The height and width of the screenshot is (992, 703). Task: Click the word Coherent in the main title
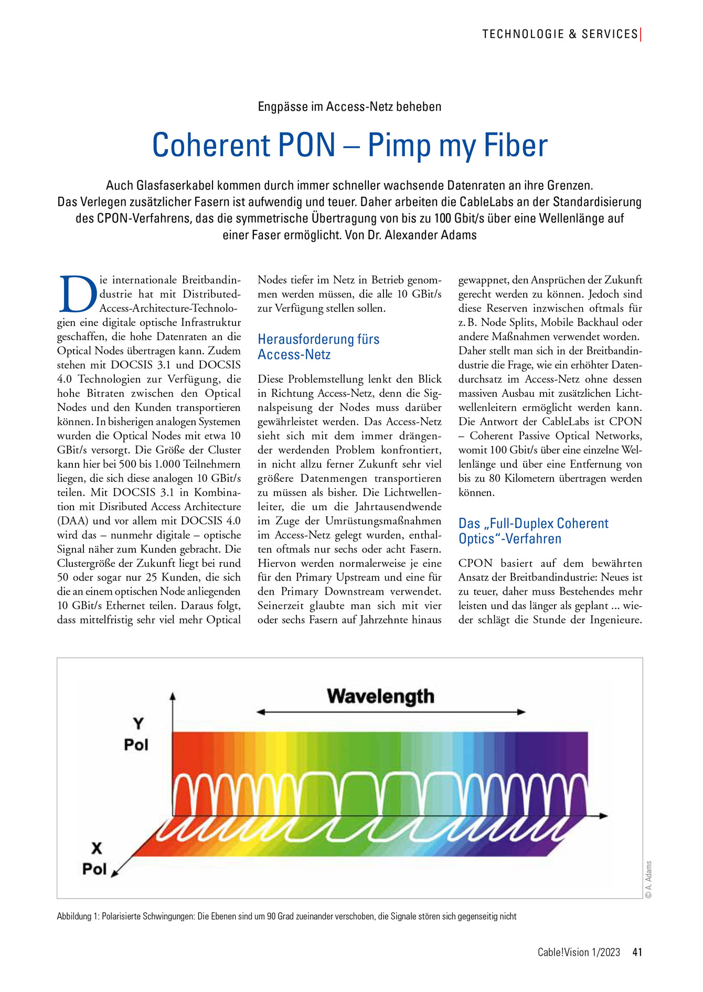click(x=243, y=145)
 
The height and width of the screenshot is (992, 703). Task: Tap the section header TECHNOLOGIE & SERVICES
click(x=560, y=34)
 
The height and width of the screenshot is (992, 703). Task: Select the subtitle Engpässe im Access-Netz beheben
click(x=349, y=107)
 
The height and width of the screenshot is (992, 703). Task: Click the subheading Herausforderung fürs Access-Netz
click(x=318, y=346)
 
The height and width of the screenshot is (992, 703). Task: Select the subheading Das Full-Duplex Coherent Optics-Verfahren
click(x=533, y=531)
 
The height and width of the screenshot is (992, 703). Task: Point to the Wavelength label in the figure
click(x=380, y=696)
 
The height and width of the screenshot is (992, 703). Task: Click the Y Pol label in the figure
click(x=136, y=734)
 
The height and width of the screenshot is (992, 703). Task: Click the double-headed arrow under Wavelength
click(x=391, y=712)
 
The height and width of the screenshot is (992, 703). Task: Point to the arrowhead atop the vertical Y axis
click(x=173, y=696)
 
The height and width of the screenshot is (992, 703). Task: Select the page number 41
click(x=637, y=952)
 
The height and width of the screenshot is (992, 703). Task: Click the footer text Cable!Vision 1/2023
click(x=579, y=952)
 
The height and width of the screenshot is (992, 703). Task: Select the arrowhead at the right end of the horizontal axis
click(x=604, y=816)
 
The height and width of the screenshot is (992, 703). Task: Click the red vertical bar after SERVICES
click(x=641, y=34)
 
